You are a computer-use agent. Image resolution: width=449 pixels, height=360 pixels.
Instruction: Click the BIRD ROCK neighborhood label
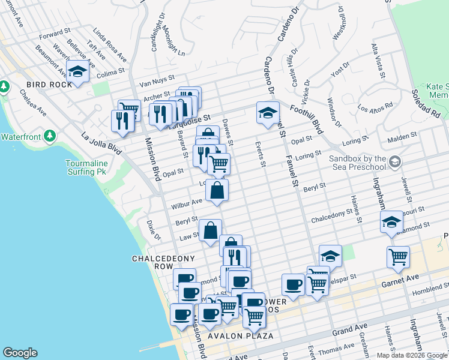click(x=49, y=84)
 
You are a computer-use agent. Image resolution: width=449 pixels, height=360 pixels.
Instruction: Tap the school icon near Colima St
click(x=77, y=72)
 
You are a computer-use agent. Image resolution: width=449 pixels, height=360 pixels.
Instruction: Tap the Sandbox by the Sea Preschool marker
click(x=395, y=161)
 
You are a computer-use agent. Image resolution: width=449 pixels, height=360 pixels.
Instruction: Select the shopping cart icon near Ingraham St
click(x=398, y=257)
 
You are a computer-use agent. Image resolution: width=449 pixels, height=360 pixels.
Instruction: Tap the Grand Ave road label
click(x=350, y=329)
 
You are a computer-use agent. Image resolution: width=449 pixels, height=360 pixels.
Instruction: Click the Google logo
click(x=20, y=353)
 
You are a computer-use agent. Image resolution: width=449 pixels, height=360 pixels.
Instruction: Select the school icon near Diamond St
click(x=391, y=221)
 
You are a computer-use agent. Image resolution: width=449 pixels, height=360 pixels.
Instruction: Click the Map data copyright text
click(x=412, y=355)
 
